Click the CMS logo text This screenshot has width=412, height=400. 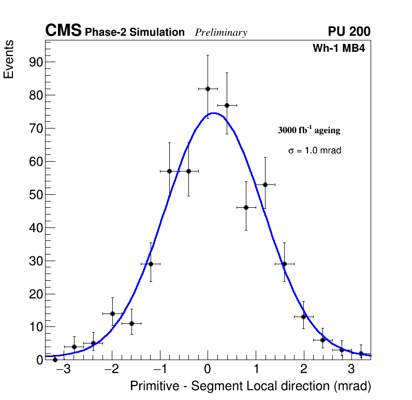click(x=63, y=31)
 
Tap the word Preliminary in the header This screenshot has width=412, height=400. click(x=221, y=33)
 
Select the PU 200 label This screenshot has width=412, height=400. click(x=349, y=32)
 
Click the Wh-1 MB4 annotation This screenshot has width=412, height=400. click(x=339, y=49)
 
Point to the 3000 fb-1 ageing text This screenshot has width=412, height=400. click(x=309, y=130)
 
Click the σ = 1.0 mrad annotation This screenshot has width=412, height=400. click(x=315, y=151)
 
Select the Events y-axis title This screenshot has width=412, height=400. click(x=9, y=60)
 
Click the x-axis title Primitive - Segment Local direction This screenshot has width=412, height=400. click(x=251, y=386)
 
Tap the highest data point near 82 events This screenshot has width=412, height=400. click(x=208, y=89)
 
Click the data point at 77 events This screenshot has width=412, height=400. click(x=227, y=105)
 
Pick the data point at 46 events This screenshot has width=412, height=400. click(x=246, y=207)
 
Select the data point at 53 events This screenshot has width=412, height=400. click(x=265, y=184)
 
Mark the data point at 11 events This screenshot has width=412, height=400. click(x=131, y=323)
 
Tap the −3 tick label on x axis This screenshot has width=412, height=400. click(x=63, y=369)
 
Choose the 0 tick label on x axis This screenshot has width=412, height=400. click(x=208, y=369)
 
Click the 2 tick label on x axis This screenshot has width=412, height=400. click(x=303, y=369)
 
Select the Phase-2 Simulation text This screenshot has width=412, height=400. click(x=135, y=33)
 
